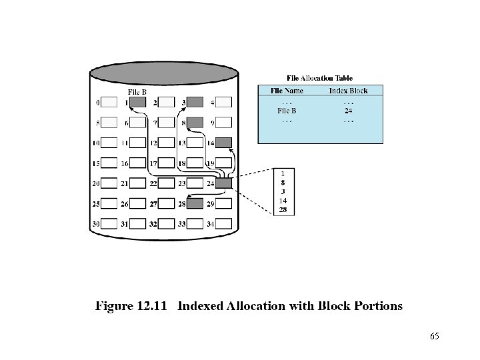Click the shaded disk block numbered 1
click(x=138, y=103)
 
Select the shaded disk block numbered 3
click(x=195, y=103)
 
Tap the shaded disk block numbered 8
click(x=195, y=123)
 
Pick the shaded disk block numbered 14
click(x=224, y=143)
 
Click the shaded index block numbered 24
click(x=224, y=183)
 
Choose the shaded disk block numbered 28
click(x=195, y=203)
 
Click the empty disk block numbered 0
click(x=109, y=103)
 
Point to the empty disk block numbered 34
click(x=224, y=223)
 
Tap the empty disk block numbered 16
click(x=138, y=163)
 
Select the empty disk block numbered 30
click(x=109, y=223)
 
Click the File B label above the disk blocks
click(x=137, y=92)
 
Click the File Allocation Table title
click(x=320, y=78)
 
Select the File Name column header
click(x=287, y=91)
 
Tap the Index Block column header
click(x=348, y=91)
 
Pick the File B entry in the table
click(x=287, y=111)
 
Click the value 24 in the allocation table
click(x=348, y=111)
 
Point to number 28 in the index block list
click(x=283, y=210)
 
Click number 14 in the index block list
click(x=283, y=201)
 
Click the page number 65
click(x=435, y=336)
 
